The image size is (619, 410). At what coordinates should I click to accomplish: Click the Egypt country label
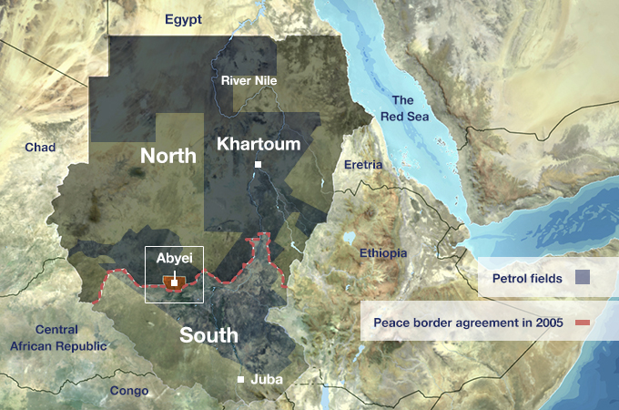tap(183, 19)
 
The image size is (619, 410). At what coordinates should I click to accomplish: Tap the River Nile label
tap(249, 81)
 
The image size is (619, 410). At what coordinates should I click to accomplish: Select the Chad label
tap(40, 148)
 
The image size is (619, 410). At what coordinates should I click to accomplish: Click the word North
tap(168, 156)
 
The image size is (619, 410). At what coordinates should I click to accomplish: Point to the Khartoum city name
tap(259, 144)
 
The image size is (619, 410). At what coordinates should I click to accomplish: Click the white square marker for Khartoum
tap(259, 165)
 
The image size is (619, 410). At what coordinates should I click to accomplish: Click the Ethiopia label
tap(383, 253)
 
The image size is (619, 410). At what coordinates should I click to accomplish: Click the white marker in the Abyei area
tap(174, 282)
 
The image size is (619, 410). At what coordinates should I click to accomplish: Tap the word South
tap(208, 335)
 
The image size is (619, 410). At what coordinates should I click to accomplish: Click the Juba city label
tap(266, 379)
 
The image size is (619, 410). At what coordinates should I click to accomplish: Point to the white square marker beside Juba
tap(241, 379)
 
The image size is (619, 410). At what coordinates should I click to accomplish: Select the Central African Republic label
tap(58, 337)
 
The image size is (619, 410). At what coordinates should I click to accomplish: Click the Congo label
tap(128, 391)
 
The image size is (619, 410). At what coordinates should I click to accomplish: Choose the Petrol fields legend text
tap(526, 277)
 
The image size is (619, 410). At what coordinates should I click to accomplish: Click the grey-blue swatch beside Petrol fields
tap(583, 277)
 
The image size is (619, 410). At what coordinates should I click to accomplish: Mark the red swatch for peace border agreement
tap(583, 323)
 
